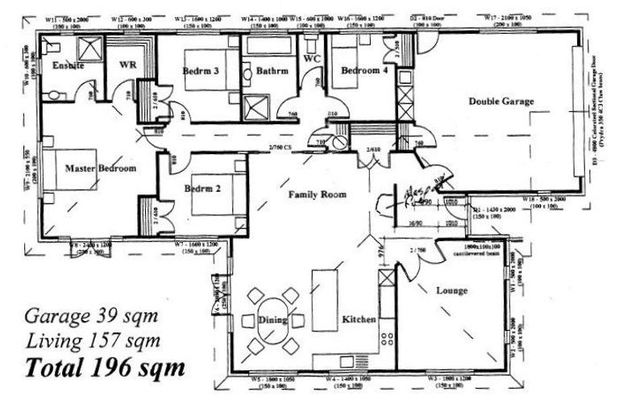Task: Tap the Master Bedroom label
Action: click(100, 169)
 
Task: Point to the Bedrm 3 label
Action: click(200, 70)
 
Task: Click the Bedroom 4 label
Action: click(364, 70)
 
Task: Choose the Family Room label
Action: click(318, 194)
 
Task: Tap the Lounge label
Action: click(451, 290)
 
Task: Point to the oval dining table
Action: click(273, 320)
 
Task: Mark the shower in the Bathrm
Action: click(258, 105)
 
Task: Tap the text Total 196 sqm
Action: click(105, 367)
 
